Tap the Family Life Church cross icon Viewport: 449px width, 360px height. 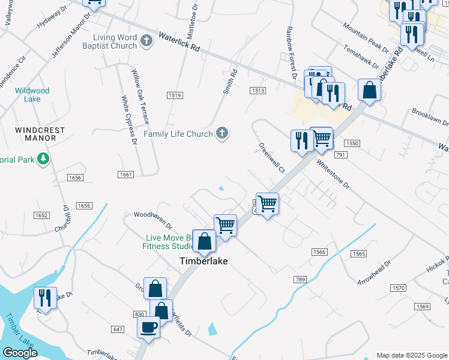click(x=222, y=133)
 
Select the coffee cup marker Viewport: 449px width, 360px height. click(x=148, y=328)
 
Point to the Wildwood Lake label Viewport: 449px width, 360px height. click(x=32, y=95)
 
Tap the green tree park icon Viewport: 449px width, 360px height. click(x=43, y=159)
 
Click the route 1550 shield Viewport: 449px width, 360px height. click(x=352, y=143)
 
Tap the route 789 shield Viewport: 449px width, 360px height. click(x=301, y=280)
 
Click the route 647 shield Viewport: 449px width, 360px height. click(x=118, y=329)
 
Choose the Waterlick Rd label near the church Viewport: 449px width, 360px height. click(x=179, y=43)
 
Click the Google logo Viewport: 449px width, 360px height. click(x=20, y=353)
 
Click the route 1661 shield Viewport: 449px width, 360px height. click(x=125, y=174)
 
